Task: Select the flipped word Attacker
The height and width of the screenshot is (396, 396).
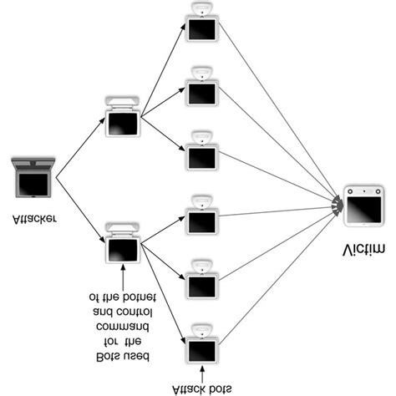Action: [x=35, y=221]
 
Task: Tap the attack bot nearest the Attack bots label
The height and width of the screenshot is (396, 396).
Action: [x=201, y=342]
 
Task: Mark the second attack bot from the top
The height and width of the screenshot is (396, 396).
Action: [x=201, y=88]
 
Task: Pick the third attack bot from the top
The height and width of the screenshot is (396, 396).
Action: [x=201, y=150]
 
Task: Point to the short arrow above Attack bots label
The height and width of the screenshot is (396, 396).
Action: [x=201, y=368]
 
